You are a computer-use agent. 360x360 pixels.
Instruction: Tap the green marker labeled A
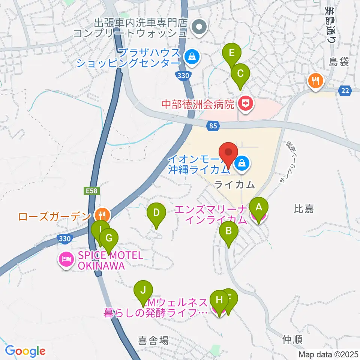click(x=258, y=207)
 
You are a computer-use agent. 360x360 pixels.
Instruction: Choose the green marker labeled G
click(x=109, y=238)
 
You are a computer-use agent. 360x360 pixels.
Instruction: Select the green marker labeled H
click(x=219, y=300)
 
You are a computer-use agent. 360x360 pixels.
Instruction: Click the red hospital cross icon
click(x=246, y=104)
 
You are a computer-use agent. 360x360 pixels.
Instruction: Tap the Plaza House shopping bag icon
click(x=192, y=57)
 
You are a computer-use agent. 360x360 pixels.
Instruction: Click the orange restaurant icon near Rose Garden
click(x=101, y=215)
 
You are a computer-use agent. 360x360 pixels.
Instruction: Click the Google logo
click(x=25, y=351)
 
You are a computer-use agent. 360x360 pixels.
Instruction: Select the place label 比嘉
click(x=304, y=209)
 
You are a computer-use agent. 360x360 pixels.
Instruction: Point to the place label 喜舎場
click(x=153, y=340)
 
